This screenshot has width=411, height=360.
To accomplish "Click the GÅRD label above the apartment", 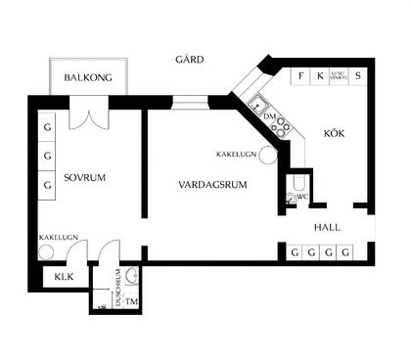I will click(x=190, y=60).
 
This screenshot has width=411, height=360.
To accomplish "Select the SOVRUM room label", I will click(x=84, y=177).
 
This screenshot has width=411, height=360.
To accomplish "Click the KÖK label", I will click(x=336, y=132).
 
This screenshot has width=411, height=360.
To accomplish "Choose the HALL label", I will click(x=327, y=228).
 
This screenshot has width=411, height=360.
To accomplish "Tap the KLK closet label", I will click(x=64, y=277).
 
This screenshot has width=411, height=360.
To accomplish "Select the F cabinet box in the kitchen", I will click(x=301, y=75).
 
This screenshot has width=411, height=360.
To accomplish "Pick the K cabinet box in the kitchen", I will click(x=320, y=75).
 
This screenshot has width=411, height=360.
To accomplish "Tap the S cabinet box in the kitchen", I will click(x=358, y=75).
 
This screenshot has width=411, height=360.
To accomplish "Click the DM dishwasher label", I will click(x=270, y=116).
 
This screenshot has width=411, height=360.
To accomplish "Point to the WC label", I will click(x=303, y=197).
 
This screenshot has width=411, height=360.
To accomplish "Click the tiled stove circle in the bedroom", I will click(x=46, y=250).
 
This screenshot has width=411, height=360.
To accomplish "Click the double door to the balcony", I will click(x=87, y=118).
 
